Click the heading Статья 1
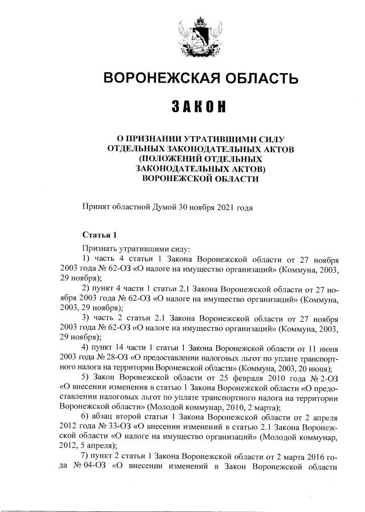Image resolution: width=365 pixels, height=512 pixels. click(x=100, y=235)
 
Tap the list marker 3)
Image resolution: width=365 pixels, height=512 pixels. click(x=87, y=317)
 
